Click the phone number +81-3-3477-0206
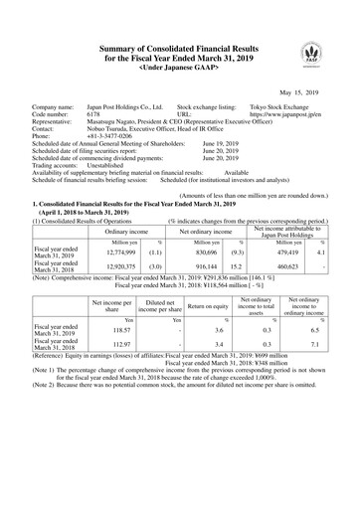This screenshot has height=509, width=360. (x=101, y=138)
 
